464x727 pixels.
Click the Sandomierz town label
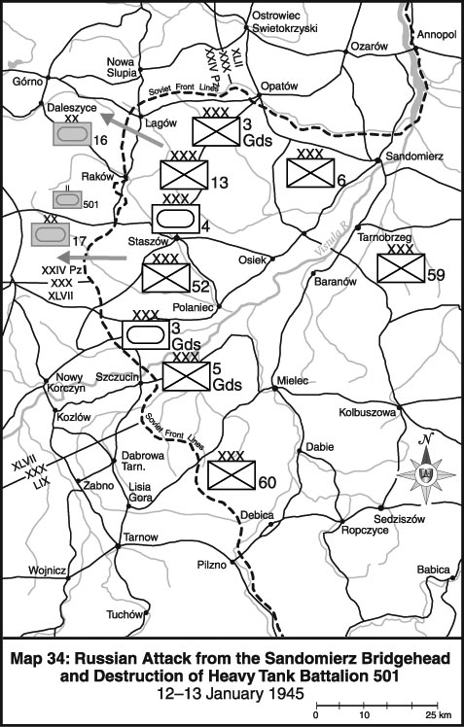tap(414, 156)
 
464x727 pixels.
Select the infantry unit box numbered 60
tap(232, 474)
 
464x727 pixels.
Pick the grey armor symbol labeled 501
tap(67, 199)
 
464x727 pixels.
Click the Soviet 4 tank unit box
tap(176, 219)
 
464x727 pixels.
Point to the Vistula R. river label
tap(331, 242)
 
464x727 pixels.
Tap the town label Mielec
tap(293, 380)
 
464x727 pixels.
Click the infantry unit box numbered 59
tap(401, 267)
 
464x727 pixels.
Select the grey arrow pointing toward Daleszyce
tap(131, 130)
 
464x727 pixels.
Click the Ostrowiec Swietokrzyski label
tap(284, 21)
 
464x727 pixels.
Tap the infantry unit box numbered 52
tap(165, 278)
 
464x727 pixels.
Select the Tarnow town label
tap(140, 537)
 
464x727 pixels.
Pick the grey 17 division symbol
tap(51, 234)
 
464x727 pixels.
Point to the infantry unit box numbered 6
tap(310, 173)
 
